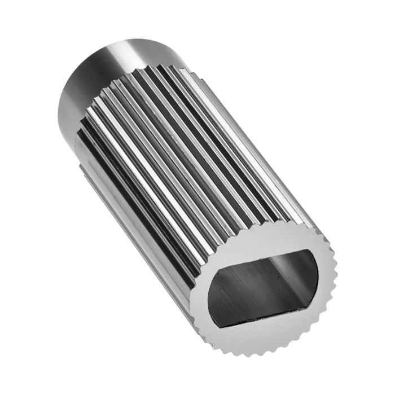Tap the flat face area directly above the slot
[265, 239]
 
